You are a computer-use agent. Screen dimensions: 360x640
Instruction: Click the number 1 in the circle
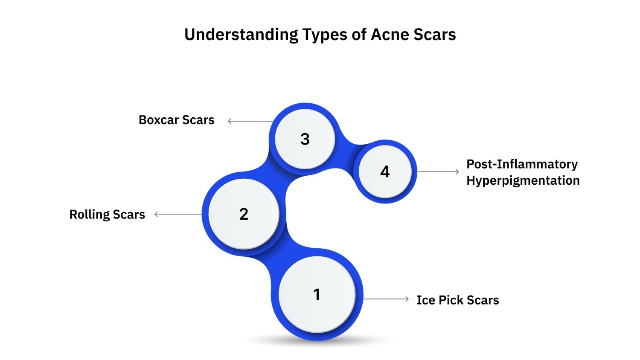317,294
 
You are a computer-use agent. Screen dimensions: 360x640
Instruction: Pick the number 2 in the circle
244,214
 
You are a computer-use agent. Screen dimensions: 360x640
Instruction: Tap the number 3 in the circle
305,139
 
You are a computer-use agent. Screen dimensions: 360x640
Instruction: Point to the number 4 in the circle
385,172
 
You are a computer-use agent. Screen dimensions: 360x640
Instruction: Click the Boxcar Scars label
176,120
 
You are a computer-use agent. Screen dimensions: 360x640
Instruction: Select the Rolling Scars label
107,214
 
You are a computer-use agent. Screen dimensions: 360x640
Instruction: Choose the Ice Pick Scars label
457,300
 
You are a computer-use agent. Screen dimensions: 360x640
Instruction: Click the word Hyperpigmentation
523,180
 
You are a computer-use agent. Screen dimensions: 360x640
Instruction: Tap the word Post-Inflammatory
522,164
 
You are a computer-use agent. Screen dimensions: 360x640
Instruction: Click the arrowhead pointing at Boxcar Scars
230,121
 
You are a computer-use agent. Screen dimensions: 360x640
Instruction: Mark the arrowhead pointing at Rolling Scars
156,214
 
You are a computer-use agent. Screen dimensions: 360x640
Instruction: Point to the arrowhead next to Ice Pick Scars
407,299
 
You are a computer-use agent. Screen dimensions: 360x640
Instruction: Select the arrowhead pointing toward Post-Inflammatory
457,171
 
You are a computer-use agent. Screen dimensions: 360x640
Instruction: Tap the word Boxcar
159,120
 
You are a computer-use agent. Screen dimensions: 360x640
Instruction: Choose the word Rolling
89,214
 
